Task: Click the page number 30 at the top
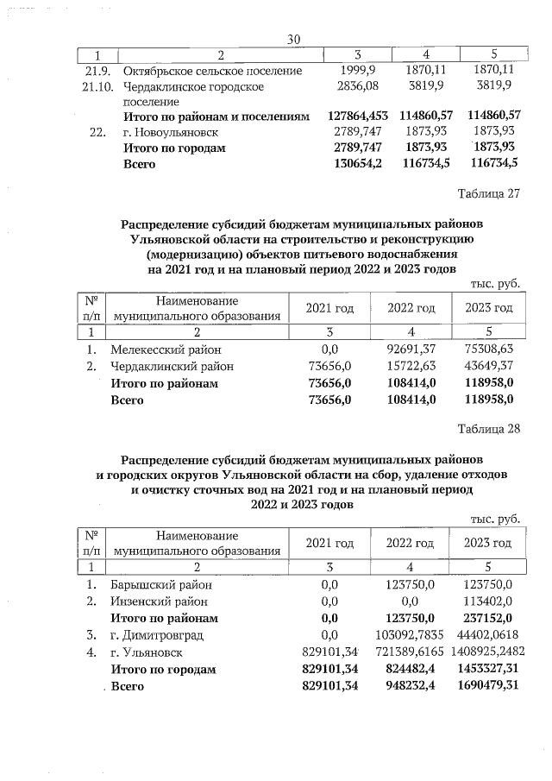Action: (x=292, y=39)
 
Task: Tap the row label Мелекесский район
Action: (x=166, y=350)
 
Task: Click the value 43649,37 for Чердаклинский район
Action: (x=489, y=367)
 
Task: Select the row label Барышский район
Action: (x=160, y=585)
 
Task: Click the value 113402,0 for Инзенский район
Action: (x=489, y=601)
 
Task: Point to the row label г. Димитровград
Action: (x=157, y=635)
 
